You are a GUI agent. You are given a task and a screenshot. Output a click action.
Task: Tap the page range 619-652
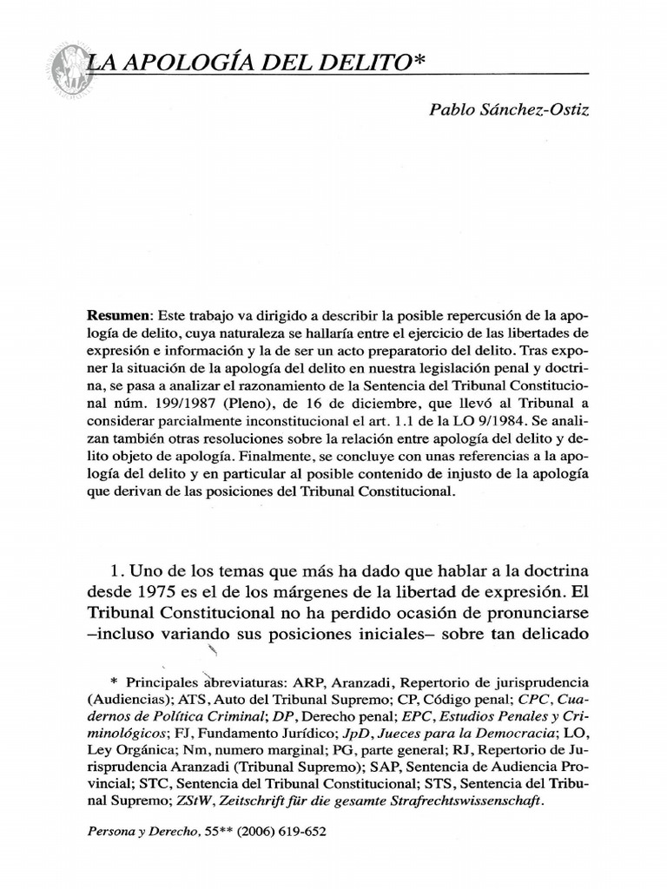302,832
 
